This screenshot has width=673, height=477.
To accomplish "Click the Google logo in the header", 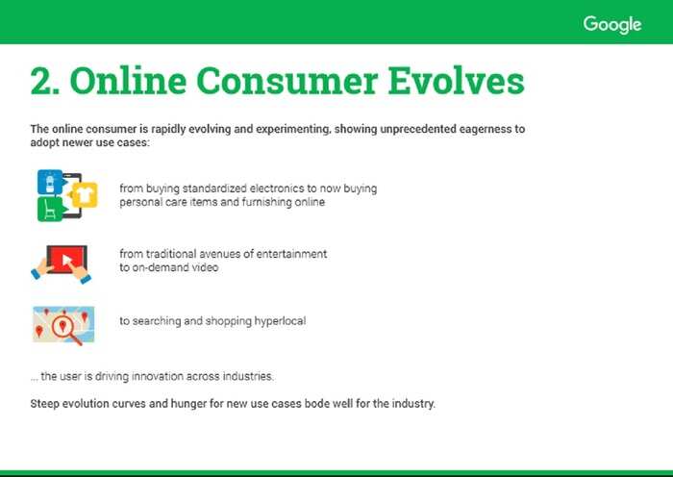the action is [x=612, y=25].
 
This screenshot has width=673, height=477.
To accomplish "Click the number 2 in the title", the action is [x=41, y=81].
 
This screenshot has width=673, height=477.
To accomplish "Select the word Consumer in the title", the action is [x=287, y=81].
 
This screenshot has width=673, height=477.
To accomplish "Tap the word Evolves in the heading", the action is [x=456, y=80].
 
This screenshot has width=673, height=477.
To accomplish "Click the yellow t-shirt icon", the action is [x=85, y=195].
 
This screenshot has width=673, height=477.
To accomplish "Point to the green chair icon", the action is [x=51, y=209].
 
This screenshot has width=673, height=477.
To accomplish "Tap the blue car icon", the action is [x=50, y=182].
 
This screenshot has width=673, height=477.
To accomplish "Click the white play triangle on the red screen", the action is [x=67, y=260].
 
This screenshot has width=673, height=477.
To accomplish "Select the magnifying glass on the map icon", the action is [x=65, y=330].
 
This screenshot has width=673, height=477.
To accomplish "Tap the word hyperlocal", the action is [x=281, y=321].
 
